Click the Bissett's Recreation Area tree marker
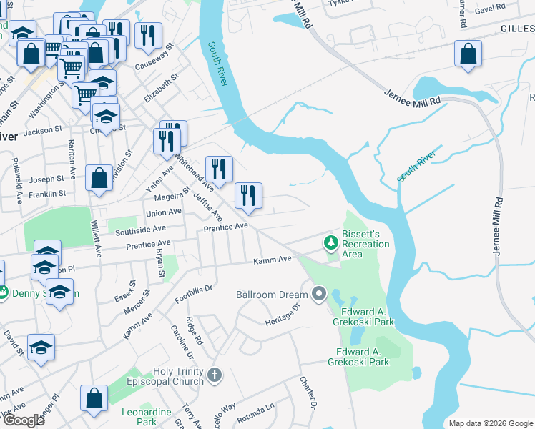point(330,244)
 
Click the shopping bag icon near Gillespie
point(468,54)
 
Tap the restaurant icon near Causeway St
point(148,36)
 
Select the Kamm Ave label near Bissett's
point(273,260)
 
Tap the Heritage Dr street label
point(281,313)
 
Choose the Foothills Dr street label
point(195,294)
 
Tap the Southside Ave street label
point(139,231)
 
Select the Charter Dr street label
point(308,393)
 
